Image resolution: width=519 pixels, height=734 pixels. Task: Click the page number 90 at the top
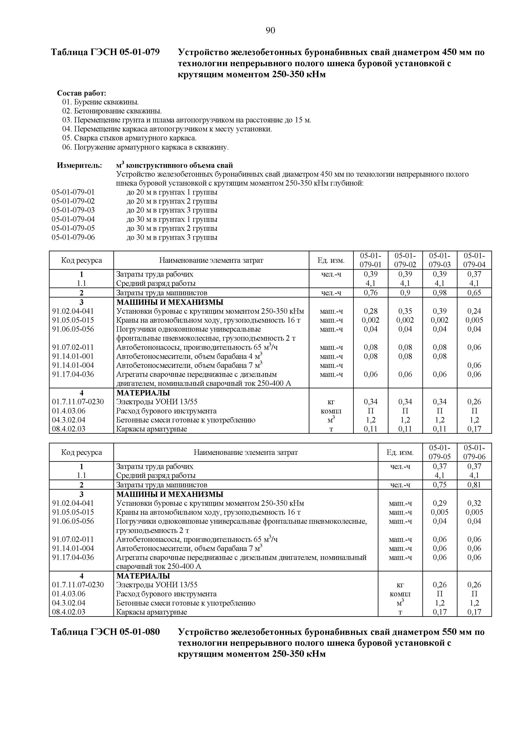tap(270, 30)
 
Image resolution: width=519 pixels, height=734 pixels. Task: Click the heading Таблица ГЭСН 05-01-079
tap(105, 52)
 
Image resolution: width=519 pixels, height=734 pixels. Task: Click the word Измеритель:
tap(79, 165)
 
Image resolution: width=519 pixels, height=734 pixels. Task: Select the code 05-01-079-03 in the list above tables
tap(73, 210)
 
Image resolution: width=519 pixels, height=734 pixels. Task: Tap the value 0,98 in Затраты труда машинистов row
tap(440, 293)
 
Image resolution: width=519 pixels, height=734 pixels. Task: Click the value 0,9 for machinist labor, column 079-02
tap(405, 293)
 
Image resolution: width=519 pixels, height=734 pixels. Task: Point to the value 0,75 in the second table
tap(440, 485)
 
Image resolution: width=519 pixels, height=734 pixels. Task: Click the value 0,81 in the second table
tap(474, 485)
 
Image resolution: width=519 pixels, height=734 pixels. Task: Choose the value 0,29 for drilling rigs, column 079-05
tap(440, 503)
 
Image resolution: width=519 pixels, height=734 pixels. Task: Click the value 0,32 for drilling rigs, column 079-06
tap(474, 503)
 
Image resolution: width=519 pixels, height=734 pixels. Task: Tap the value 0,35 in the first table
tap(405, 311)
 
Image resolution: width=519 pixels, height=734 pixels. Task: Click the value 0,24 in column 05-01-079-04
tap(474, 311)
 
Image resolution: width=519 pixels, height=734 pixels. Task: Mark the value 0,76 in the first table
tap(370, 293)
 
